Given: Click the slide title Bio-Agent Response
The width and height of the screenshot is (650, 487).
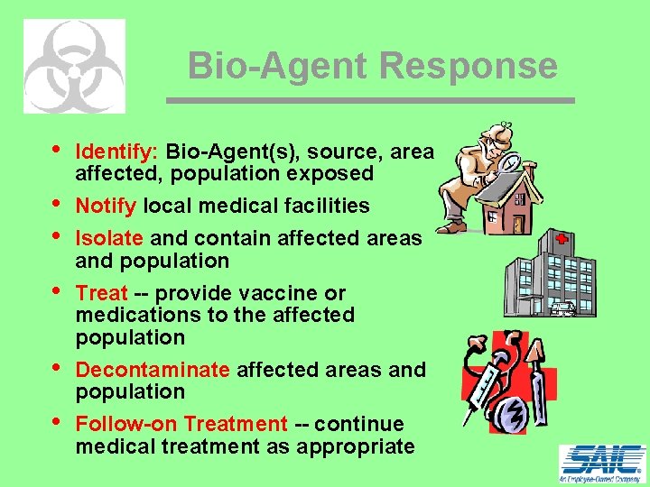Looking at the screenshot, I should pos(372,66).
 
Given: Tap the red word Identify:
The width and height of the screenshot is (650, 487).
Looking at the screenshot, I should pos(117,151).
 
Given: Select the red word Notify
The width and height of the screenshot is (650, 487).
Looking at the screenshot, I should pos(106,206).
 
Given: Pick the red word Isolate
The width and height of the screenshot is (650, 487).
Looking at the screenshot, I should pos(109,238).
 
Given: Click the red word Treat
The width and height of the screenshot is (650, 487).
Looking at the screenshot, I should pos(101,293).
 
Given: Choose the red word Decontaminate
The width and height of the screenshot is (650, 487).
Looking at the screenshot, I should pos(153,370).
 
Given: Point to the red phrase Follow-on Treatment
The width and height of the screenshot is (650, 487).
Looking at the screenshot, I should pos(181,424).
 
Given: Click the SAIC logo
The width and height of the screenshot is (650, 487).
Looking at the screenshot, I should pos(602,464).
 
